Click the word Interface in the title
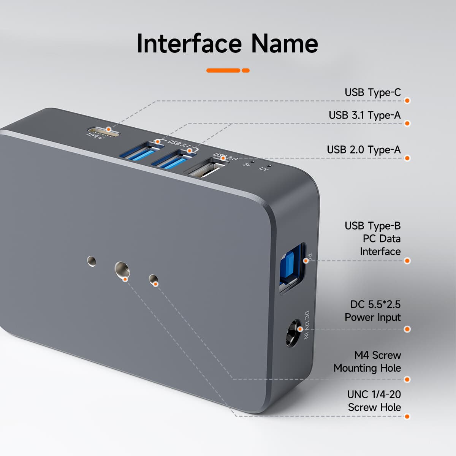click(189, 43)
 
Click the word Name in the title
click(284, 43)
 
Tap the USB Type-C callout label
click(372, 92)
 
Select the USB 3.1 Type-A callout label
click(364, 115)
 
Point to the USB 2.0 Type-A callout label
click(364, 150)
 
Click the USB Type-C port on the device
click(104, 131)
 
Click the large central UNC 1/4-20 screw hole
click(122, 269)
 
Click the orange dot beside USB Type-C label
click(407, 101)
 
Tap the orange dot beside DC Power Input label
click(407, 329)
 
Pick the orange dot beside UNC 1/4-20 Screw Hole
click(407, 416)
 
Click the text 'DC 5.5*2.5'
click(375, 304)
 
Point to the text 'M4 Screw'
click(377, 355)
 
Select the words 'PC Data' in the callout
click(381, 239)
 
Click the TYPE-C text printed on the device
click(95, 136)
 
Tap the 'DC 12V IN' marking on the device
click(307, 325)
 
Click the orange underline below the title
click(228, 70)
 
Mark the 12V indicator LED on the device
click(269, 165)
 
